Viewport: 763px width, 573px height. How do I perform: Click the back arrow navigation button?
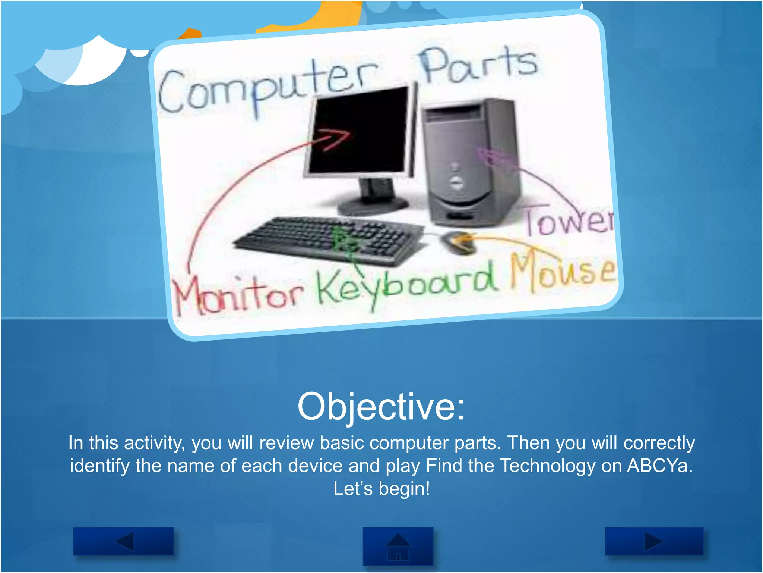124,541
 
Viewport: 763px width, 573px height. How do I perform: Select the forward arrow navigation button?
654,541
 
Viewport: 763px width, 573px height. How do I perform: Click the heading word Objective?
381,407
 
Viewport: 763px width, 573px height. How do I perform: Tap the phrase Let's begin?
381,489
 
